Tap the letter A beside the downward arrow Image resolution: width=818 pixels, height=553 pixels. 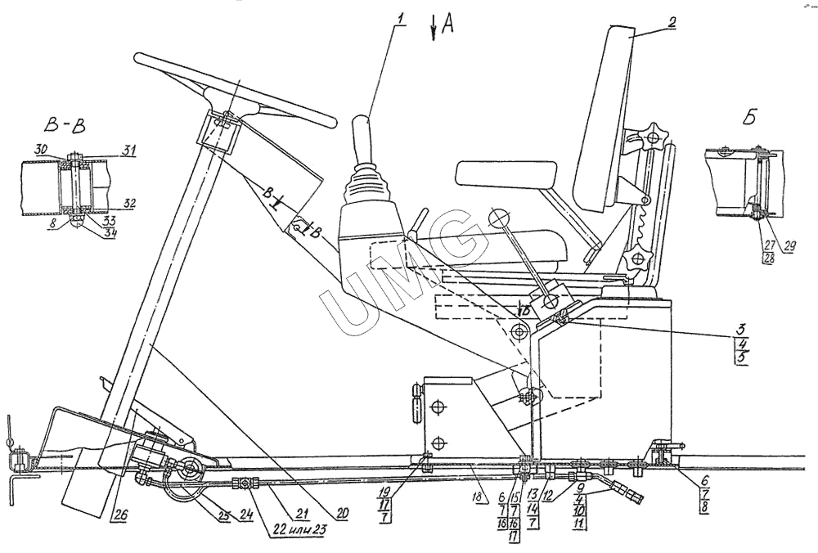[x=447, y=25]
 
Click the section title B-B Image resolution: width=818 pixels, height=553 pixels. [x=64, y=128]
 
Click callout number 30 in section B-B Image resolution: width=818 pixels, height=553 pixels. [x=41, y=150]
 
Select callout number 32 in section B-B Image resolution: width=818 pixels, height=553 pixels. [x=129, y=201]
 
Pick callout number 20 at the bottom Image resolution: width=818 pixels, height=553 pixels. [x=343, y=513]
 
